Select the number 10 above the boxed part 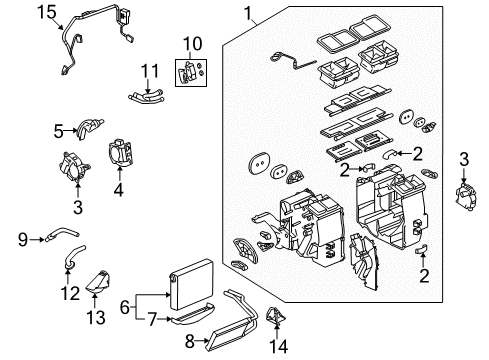coord(190,45)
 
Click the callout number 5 coord(58,129)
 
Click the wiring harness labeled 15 coord(85,40)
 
